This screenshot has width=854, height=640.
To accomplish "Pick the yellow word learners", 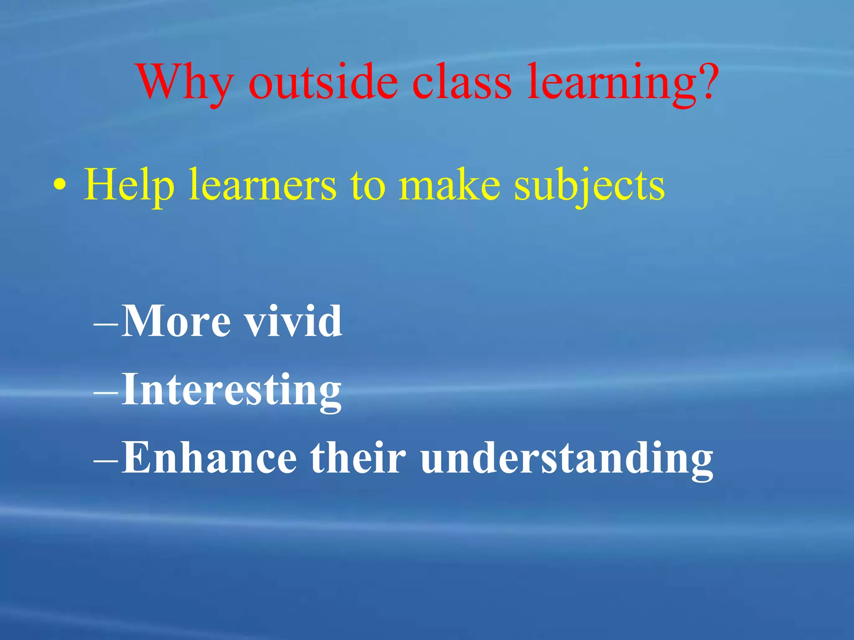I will point(262,185).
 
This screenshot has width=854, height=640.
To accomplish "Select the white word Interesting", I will point(231,390).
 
